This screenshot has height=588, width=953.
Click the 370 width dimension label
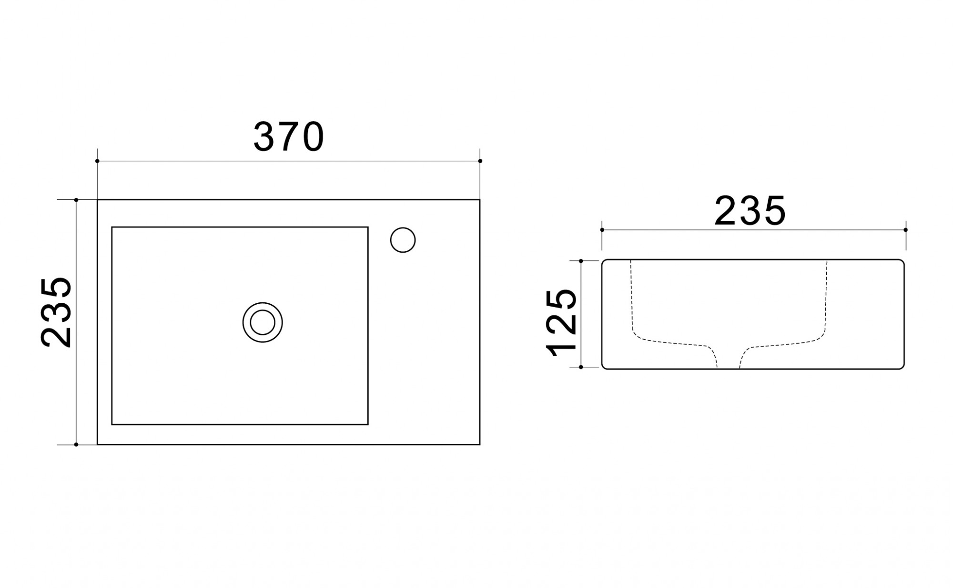(x=289, y=137)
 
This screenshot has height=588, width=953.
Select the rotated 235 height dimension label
(x=57, y=312)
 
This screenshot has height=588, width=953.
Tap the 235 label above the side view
(x=750, y=211)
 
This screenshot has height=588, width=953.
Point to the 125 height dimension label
(x=562, y=322)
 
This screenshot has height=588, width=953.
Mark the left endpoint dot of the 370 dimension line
(x=97, y=161)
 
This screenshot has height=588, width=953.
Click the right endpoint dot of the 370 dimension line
(x=480, y=161)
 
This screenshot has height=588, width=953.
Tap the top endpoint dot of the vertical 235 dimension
(x=76, y=200)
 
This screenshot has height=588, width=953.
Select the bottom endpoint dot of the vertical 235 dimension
(x=76, y=445)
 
